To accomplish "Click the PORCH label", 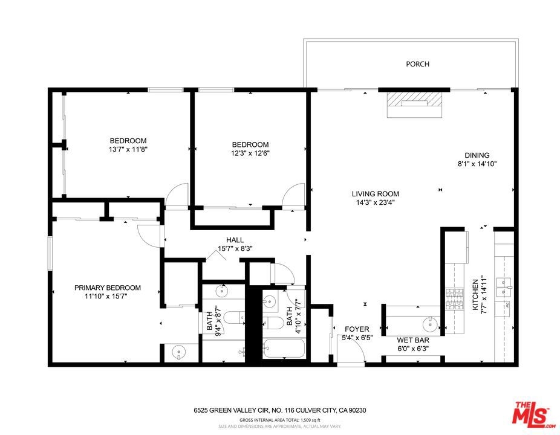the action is pyautogui.click(x=417, y=64).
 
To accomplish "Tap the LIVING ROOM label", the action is pyautogui.click(x=376, y=194).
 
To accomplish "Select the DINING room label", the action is pyautogui.click(x=477, y=155).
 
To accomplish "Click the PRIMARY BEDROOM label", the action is pyautogui.click(x=108, y=288).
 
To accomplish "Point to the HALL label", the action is pyautogui.click(x=235, y=240).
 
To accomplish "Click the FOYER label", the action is pyautogui.click(x=357, y=329).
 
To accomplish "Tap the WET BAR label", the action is pyautogui.click(x=413, y=340).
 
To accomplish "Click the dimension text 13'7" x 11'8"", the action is pyautogui.click(x=128, y=149).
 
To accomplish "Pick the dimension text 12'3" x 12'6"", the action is pyautogui.click(x=250, y=153).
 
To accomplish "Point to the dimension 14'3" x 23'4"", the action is pyautogui.click(x=376, y=202).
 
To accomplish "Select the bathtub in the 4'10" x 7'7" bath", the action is pyautogui.click(x=284, y=348).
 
